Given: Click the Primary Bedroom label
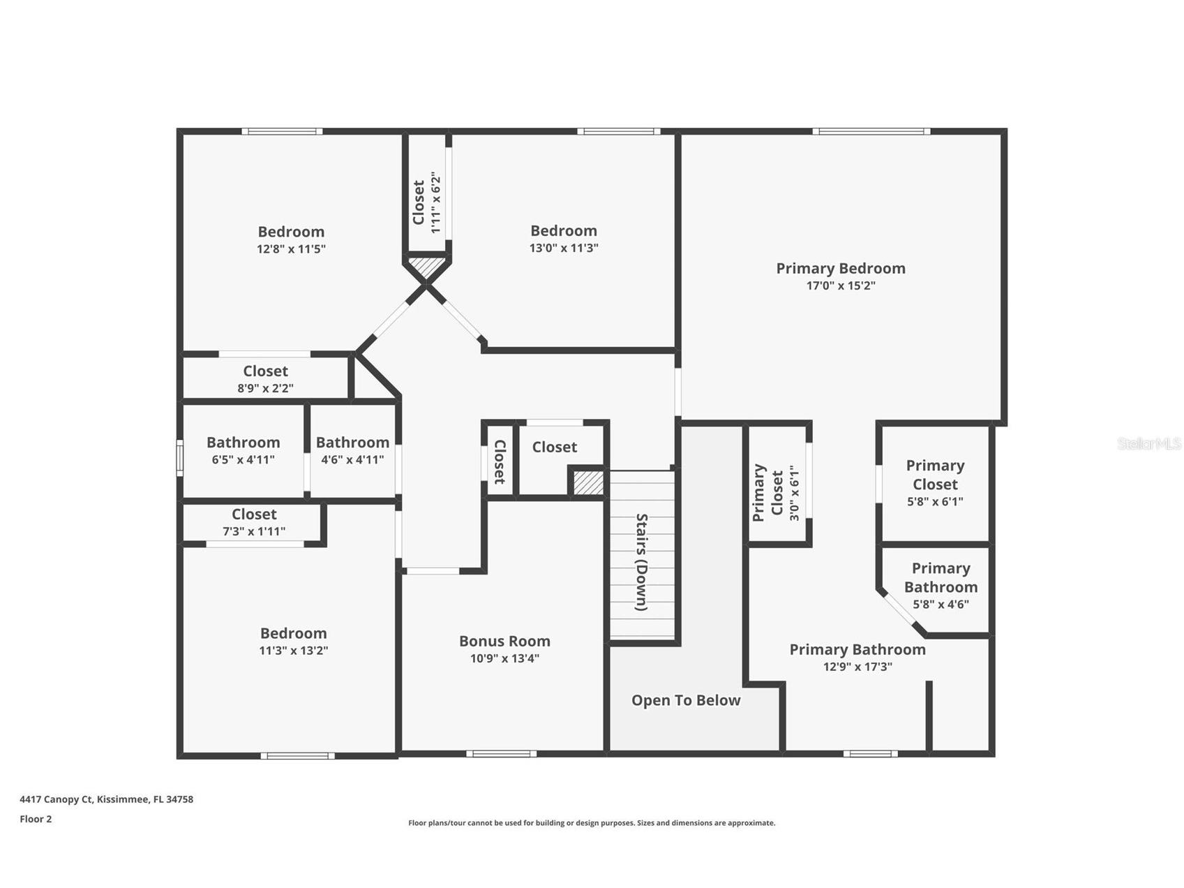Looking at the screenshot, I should [x=840, y=268].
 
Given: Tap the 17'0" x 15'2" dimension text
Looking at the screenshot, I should [x=840, y=286].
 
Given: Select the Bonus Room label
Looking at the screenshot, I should [x=504, y=641].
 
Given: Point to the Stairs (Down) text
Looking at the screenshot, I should [x=642, y=562].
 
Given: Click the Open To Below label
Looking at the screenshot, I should [x=685, y=700].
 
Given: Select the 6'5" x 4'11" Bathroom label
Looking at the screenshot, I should [x=243, y=443].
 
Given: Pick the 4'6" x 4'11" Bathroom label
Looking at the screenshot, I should [x=352, y=443].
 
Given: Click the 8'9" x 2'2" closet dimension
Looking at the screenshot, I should [x=265, y=388].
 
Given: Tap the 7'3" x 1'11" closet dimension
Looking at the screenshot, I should [x=254, y=531].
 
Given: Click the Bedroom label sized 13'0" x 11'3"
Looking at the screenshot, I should [x=563, y=231].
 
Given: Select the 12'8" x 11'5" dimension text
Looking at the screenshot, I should [x=291, y=249].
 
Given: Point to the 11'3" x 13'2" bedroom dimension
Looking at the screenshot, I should [x=293, y=651].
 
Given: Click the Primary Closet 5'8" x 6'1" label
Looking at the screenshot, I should [x=935, y=475].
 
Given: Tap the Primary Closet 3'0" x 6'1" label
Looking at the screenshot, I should [x=767, y=493].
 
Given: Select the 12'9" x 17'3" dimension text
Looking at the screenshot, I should [x=857, y=667].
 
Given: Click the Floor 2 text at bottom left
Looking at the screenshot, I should [x=36, y=819].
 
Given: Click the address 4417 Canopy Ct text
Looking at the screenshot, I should [x=106, y=799].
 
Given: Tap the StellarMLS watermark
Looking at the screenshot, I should [x=1148, y=443].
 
